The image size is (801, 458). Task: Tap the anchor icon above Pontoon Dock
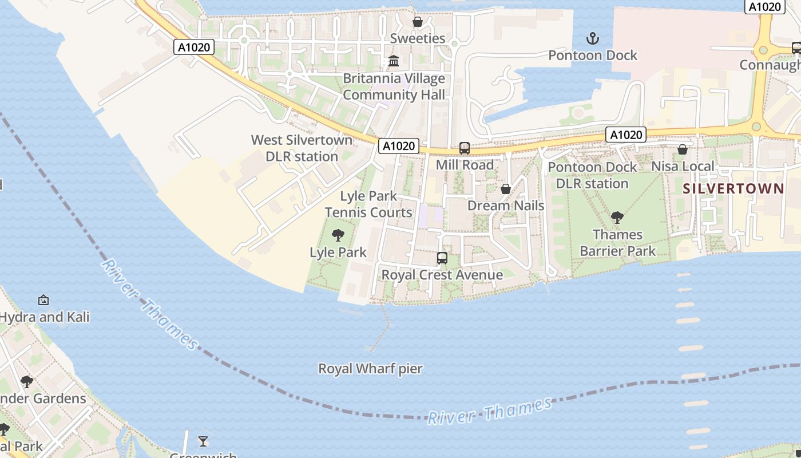[x=593, y=39]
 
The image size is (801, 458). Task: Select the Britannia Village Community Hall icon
[x=394, y=61]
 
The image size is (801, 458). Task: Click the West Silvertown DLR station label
[x=302, y=148]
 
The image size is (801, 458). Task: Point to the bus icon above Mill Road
[x=465, y=148]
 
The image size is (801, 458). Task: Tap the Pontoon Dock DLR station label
[x=592, y=175]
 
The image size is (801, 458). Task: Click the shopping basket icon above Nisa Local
[x=683, y=150]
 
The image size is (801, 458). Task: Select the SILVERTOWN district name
[x=733, y=188]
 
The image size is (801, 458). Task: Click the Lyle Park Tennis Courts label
[x=368, y=204]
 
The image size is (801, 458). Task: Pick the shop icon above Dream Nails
[x=506, y=189]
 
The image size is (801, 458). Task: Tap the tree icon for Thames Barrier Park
[x=617, y=218]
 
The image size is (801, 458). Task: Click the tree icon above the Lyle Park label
[x=338, y=235]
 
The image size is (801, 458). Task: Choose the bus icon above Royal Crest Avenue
[x=442, y=258]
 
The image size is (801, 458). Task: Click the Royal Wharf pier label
[x=370, y=369]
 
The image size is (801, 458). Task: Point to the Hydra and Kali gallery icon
[x=43, y=300]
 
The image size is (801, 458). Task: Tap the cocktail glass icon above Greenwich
[x=203, y=441]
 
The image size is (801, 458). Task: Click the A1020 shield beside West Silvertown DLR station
[x=399, y=146]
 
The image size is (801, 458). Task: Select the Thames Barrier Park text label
[x=617, y=243]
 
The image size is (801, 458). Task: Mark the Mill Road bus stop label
[x=465, y=165]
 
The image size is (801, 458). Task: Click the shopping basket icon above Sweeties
[x=418, y=22]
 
